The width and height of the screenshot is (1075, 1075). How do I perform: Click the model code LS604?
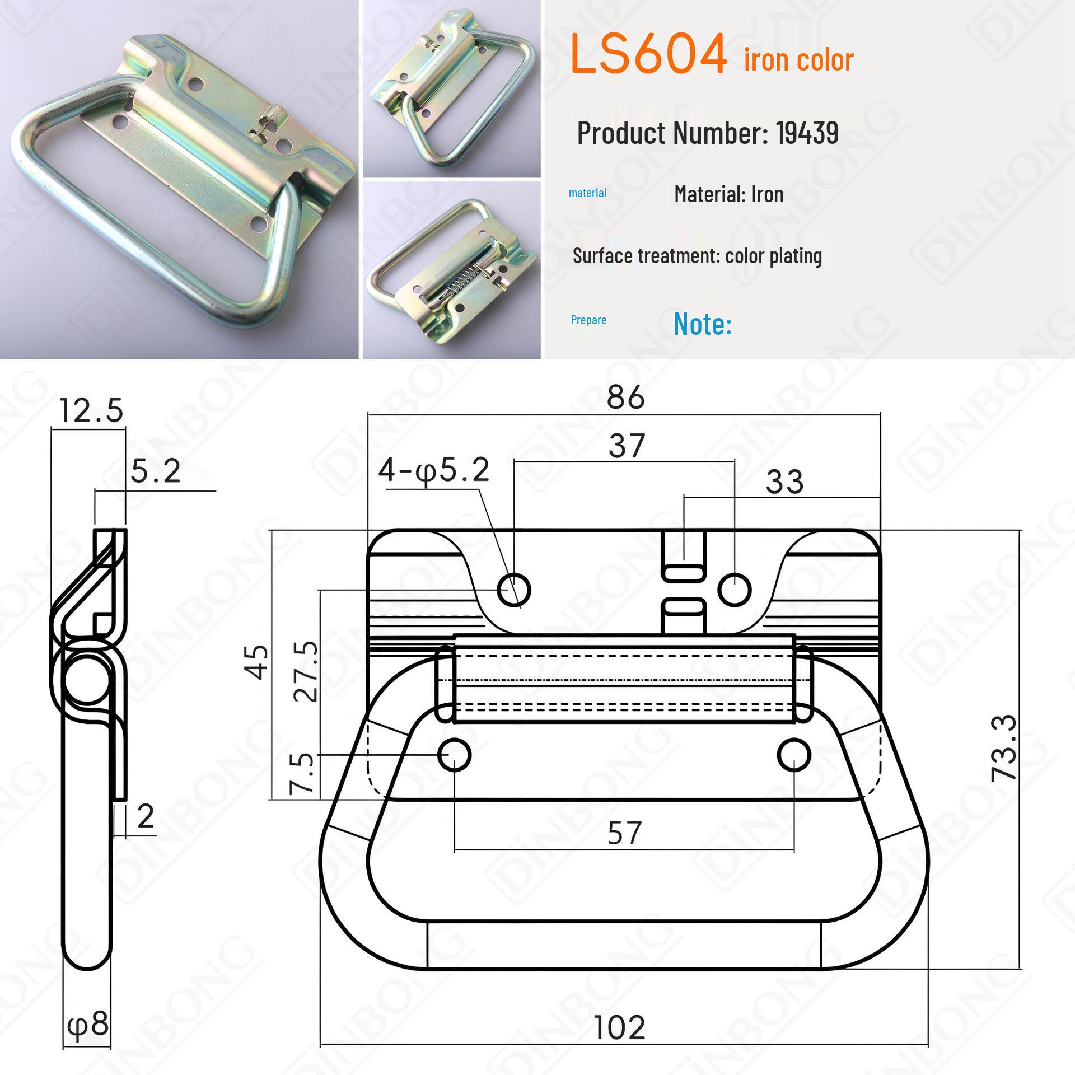648,55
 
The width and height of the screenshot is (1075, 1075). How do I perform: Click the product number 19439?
807,133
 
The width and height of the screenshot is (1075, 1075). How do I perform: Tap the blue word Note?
702,323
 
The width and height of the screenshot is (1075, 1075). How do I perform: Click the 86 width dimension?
625,398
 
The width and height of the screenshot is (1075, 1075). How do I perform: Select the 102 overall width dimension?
619,1027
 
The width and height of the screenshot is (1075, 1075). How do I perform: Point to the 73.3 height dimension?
1003,747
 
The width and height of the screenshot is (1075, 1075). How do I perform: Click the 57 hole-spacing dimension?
624,833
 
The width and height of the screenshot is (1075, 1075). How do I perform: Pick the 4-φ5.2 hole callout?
434,470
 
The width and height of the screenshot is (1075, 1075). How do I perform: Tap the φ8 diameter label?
88,1024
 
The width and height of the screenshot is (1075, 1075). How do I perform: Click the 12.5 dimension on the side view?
91,411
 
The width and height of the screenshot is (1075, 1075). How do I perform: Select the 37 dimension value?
627,446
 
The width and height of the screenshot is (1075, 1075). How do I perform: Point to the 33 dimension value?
784,482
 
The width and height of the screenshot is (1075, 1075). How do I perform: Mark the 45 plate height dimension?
258,662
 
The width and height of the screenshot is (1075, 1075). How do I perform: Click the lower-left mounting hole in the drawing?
454,755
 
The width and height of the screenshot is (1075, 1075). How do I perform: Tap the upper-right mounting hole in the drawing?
734,590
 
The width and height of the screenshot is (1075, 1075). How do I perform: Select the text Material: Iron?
728,194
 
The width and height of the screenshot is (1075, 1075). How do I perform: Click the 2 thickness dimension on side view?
146,817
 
